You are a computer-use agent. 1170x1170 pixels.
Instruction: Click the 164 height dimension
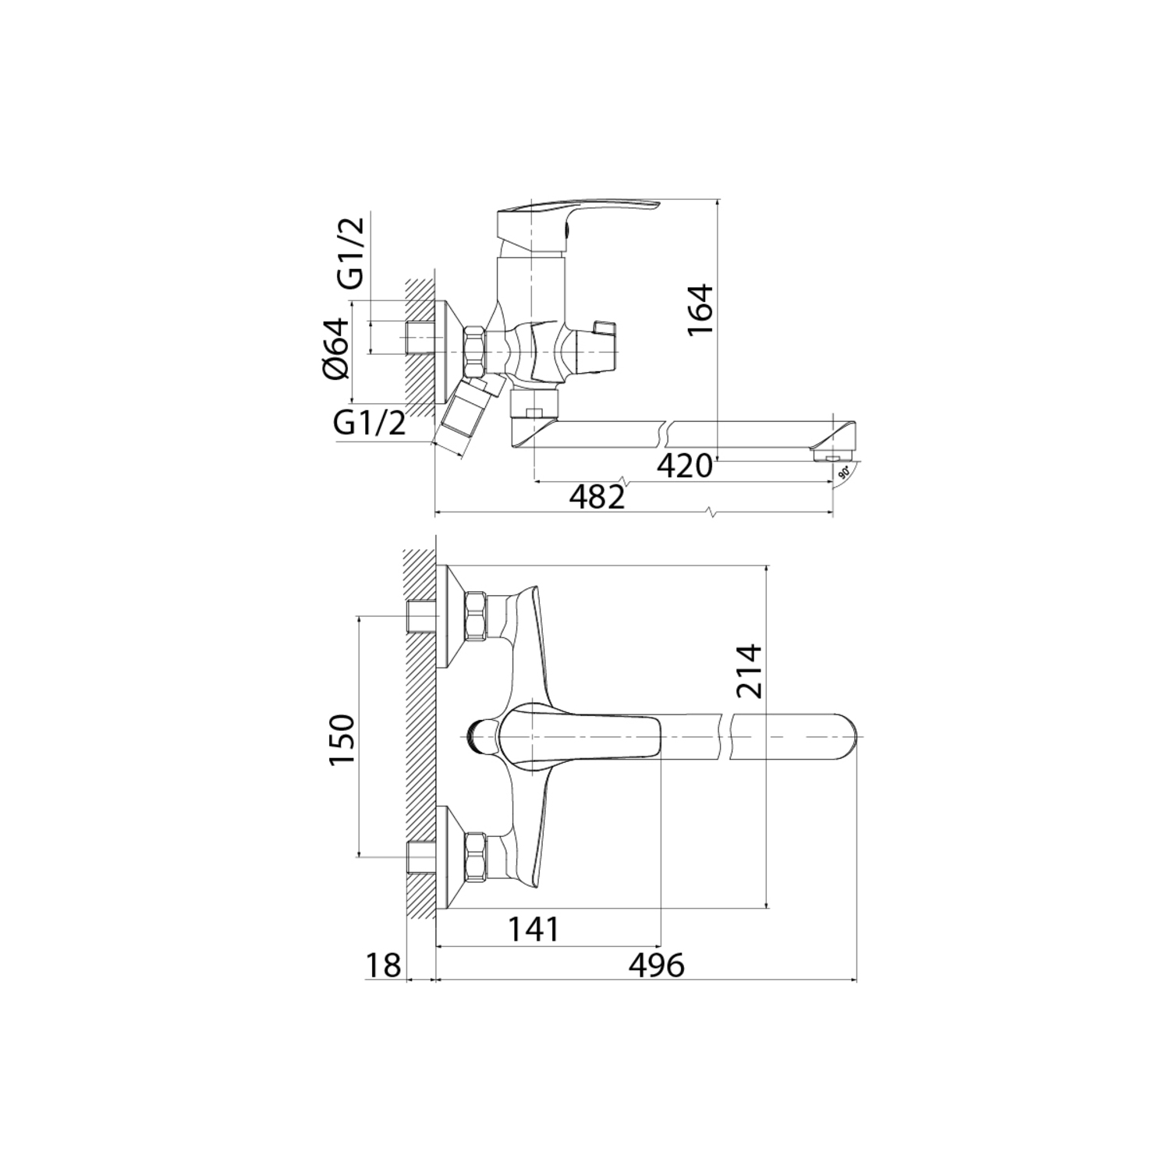(700, 309)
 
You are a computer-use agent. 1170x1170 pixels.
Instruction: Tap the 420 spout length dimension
(685, 466)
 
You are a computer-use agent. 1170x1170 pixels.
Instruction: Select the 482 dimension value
(597, 497)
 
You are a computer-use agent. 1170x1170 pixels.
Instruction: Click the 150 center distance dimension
(342, 739)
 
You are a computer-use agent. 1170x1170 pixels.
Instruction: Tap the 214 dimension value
(749, 671)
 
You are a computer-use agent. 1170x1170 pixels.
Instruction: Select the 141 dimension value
(534, 929)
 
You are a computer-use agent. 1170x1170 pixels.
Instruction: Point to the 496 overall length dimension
(656, 965)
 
